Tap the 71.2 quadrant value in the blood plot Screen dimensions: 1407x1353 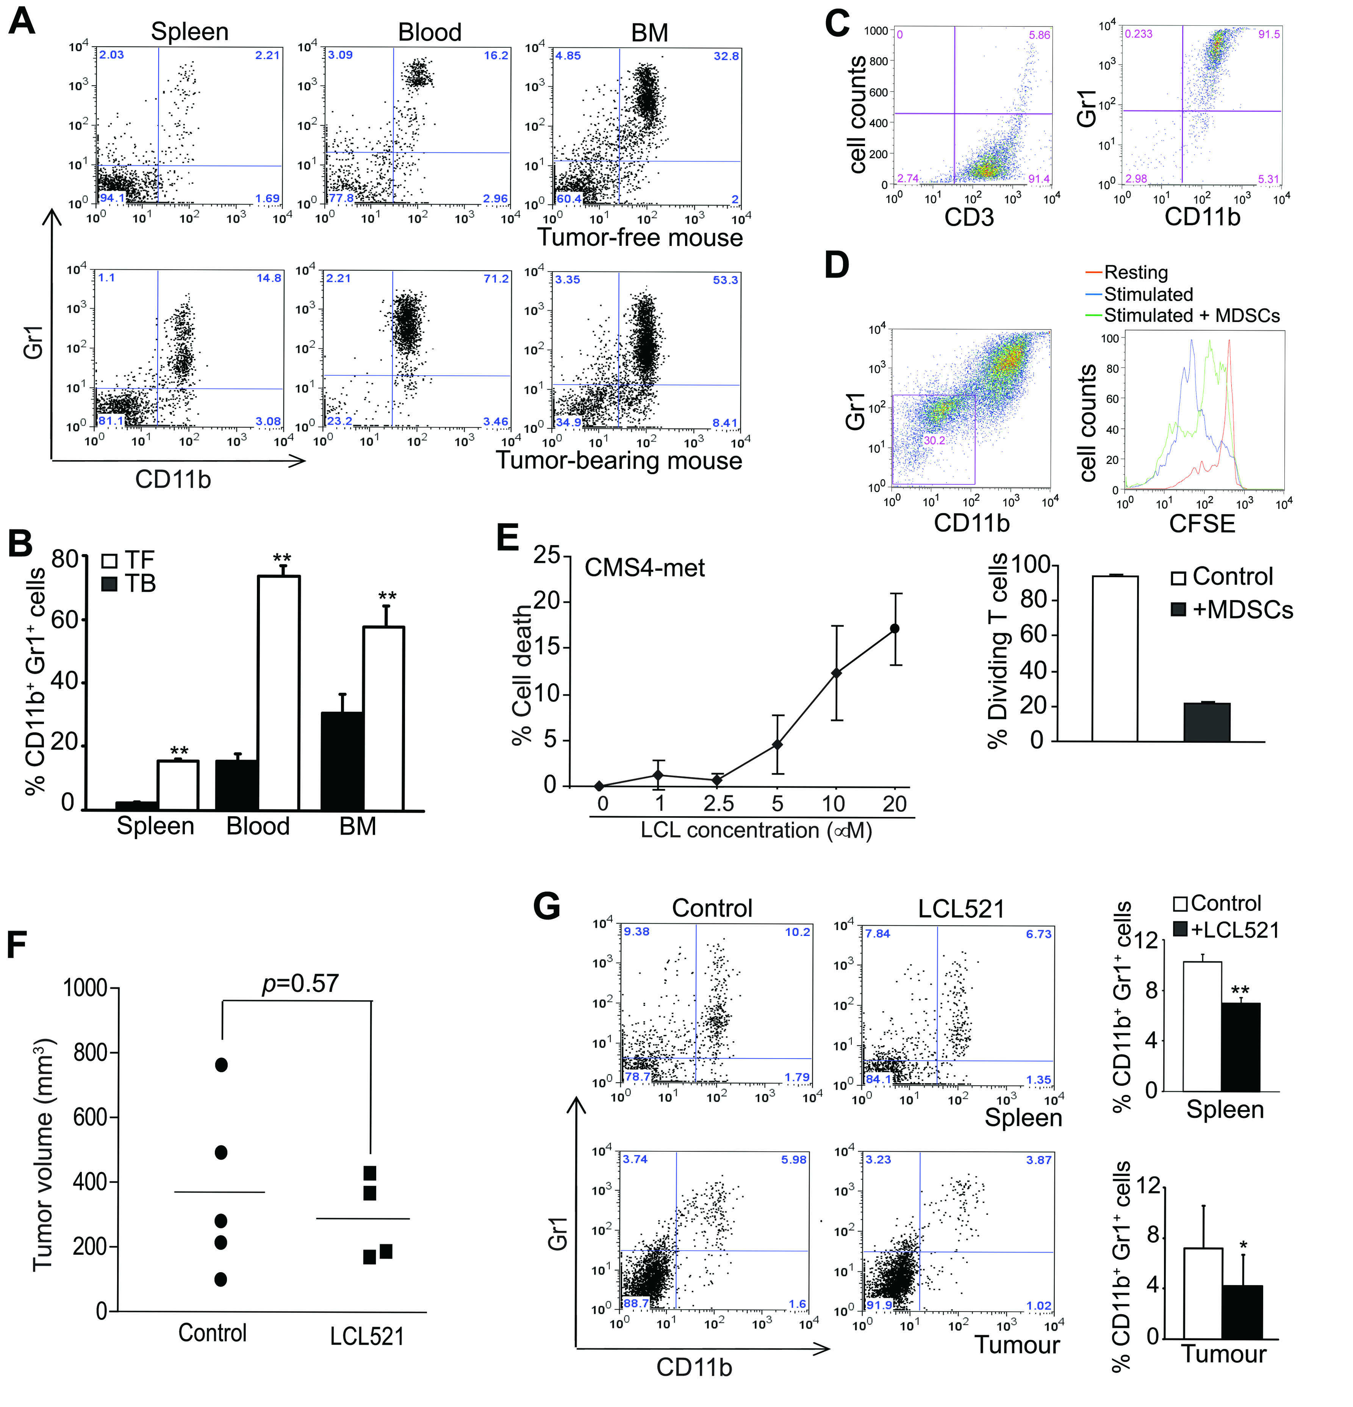click(x=496, y=278)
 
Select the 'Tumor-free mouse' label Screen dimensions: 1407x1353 click(x=640, y=237)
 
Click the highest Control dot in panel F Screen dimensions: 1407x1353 click(x=221, y=1065)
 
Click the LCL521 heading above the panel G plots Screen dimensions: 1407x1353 click(x=961, y=909)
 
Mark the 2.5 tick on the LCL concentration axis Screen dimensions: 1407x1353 click(x=718, y=804)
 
